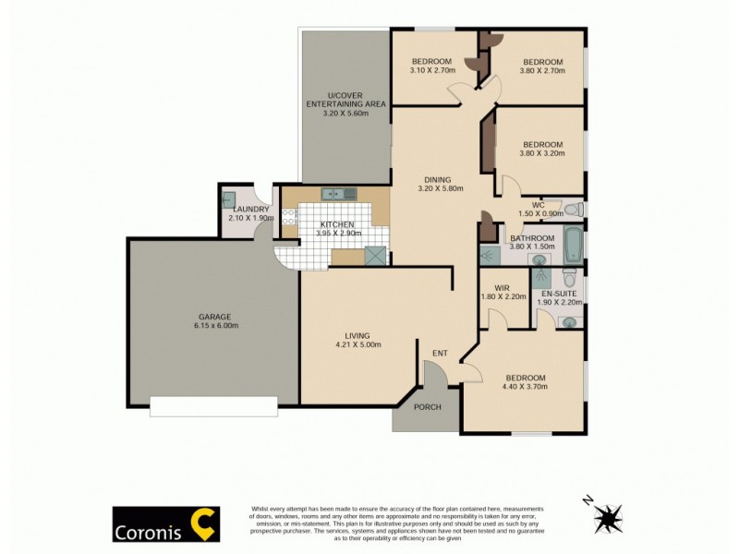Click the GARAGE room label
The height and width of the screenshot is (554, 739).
[212, 315]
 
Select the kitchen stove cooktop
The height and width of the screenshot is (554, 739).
[288, 219]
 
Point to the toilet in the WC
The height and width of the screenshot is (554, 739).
[571, 209]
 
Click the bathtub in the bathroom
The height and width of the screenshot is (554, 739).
[573, 244]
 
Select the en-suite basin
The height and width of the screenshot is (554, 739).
[569, 322]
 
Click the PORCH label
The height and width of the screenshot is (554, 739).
[427, 407]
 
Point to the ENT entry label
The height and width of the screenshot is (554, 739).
[441, 353]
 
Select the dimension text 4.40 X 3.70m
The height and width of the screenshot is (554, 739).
[525, 387]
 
